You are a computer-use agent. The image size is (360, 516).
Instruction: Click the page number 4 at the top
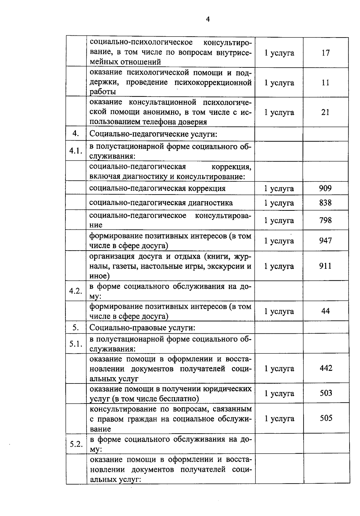pyautogui.click(x=208, y=19)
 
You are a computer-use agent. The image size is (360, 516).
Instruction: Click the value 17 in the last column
pyautogui.click(x=325, y=53)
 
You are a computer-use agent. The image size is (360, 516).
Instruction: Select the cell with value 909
pyautogui.click(x=325, y=188)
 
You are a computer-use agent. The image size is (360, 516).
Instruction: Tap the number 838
pyautogui.click(x=325, y=203)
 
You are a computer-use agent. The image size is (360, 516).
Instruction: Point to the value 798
pyautogui.click(x=325, y=220)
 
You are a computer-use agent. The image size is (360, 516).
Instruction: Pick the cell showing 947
pyautogui.click(x=325, y=240)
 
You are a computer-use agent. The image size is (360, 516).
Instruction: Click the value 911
pyautogui.click(x=325, y=266)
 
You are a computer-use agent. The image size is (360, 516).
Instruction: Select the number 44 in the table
pyautogui.click(x=325, y=311)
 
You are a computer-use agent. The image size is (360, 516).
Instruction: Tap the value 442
pyautogui.click(x=326, y=368)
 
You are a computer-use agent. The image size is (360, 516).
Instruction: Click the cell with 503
pyautogui.click(x=326, y=393)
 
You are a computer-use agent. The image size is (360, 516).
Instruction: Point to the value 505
pyautogui.click(x=326, y=418)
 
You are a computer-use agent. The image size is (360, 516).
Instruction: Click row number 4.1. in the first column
pyautogui.click(x=76, y=151)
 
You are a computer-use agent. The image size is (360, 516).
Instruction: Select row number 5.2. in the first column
pyautogui.click(x=76, y=444)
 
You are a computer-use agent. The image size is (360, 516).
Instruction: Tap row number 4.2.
pyautogui.click(x=76, y=291)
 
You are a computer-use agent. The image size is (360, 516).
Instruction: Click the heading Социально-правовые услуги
pyautogui.click(x=142, y=328)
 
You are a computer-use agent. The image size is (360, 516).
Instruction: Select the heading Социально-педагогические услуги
pyautogui.click(x=153, y=134)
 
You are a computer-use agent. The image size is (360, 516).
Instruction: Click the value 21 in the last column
pyautogui.click(x=325, y=112)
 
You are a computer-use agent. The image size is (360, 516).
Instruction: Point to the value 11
pyautogui.click(x=325, y=83)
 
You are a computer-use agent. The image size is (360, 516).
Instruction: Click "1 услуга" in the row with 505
pyautogui.click(x=279, y=419)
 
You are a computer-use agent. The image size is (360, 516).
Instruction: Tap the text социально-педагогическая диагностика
pyautogui.click(x=161, y=203)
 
